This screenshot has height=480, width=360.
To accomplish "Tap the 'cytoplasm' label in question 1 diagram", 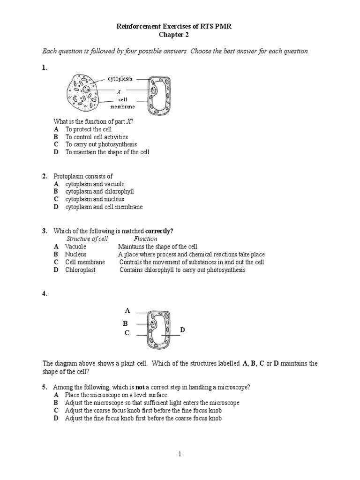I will point(123,79).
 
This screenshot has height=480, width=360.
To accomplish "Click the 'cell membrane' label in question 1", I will point(122,103).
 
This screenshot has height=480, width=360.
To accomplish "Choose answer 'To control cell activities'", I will point(96,137).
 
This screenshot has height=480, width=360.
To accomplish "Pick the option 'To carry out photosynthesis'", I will point(101,144).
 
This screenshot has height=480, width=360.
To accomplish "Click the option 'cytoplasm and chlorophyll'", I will point(99,191).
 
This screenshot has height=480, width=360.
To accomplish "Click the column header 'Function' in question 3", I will point(145,239).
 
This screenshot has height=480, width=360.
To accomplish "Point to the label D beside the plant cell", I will point(183,330).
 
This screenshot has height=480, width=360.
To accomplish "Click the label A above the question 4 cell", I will point(127,310).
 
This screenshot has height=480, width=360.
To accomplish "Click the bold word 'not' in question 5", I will point(140,387).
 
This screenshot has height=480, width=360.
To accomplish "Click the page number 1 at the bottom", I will point(180,454).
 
